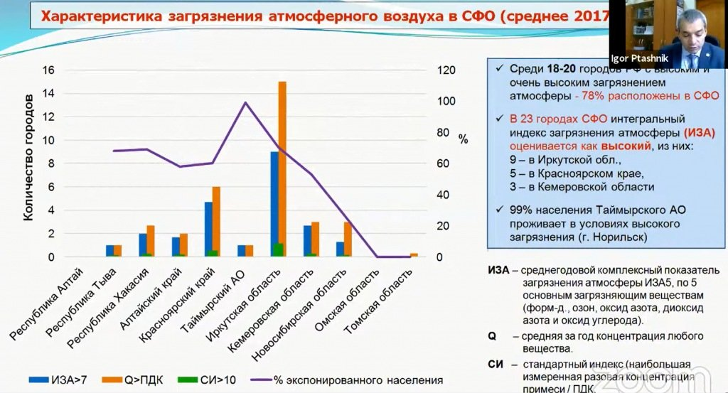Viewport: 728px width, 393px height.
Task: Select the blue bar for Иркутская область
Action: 274,204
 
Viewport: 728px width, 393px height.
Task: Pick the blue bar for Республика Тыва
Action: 110,251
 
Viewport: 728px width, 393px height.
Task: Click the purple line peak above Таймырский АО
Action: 245,102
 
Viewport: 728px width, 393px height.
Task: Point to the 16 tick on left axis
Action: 49,70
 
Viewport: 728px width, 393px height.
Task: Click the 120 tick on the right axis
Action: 445,70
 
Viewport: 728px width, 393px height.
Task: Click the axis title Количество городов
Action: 28,163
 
